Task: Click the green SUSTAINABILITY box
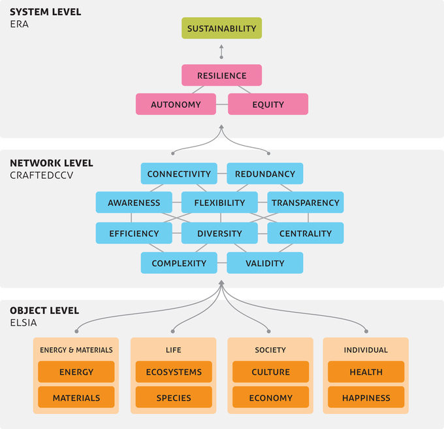tap(221, 29)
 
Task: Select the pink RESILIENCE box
tap(221, 75)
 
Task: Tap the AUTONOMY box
tap(176, 105)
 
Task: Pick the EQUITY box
tap(268, 105)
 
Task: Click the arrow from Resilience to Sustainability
tap(221, 52)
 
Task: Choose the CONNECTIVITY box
tap(179, 174)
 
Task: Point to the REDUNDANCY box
tap(264, 174)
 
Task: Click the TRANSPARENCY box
tap(305, 203)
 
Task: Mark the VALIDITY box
tap(264, 263)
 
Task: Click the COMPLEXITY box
tap(179, 263)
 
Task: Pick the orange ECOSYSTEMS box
tap(173, 372)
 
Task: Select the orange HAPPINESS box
tap(366, 397)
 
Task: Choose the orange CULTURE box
tap(270, 372)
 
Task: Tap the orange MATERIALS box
tap(76, 397)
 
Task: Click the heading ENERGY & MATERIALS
tap(76, 350)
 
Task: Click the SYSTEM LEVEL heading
tap(45, 12)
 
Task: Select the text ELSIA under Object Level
tap(24, 322)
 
